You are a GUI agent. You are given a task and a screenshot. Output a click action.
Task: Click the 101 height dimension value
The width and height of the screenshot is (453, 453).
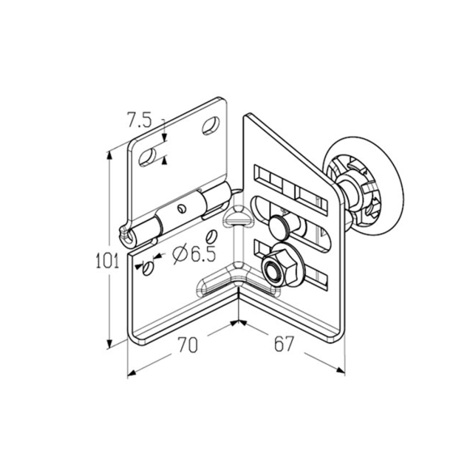[x=107, y=260]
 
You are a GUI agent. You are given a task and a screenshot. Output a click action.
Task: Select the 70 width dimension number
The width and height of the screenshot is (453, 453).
[x=188, y=345]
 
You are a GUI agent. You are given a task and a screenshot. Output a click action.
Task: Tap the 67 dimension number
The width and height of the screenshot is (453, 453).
[x=284, y=344]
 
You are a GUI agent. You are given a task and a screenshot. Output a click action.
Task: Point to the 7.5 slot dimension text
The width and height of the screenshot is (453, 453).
[x=139, y=120]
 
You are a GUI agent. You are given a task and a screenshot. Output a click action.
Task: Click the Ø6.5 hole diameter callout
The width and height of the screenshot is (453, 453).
[x=194, y=254]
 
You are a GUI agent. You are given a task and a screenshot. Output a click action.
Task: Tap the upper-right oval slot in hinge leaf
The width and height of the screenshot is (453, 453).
[x=210, y=125]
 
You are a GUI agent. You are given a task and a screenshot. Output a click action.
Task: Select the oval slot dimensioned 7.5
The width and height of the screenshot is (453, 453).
[x=147, y=158]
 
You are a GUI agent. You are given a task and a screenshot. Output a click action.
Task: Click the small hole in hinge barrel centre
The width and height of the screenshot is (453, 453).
[x=182, y=208]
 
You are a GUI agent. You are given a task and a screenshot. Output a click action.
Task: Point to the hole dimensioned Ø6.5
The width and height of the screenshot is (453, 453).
[x=148, y=269]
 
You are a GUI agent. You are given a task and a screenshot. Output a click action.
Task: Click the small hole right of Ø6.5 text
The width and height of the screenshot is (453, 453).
[x=211, y=236]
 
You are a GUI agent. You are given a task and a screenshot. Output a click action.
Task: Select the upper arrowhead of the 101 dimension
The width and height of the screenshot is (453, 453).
[x=109, y=155]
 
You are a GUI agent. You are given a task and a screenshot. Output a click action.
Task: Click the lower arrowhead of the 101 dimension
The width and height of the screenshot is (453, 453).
[x=109, y=344]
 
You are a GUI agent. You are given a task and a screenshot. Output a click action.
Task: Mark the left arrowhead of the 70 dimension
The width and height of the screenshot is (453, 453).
[x=132, y=373]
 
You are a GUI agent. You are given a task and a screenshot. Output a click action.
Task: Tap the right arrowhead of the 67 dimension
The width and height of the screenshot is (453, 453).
[x=341, y=370]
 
